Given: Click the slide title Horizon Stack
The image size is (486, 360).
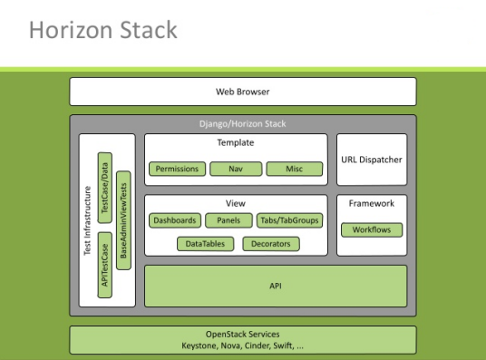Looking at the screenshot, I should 102,31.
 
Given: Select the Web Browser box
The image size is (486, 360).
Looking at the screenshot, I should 242,92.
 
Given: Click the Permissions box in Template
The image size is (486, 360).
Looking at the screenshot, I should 177,169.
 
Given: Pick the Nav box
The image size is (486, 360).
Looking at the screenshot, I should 236,169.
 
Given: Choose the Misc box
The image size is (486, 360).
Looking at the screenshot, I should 295,169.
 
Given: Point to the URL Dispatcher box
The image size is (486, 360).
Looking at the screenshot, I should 372,160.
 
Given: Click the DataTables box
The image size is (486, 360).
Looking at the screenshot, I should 207,243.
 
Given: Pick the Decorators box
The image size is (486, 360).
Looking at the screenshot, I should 271,243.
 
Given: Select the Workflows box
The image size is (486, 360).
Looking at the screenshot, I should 372,229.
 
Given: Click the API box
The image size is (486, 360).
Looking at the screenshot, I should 276,286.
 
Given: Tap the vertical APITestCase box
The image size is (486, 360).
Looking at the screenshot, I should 105,265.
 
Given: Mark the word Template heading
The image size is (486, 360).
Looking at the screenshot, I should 236,143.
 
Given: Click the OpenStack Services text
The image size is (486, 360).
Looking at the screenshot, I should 242,335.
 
